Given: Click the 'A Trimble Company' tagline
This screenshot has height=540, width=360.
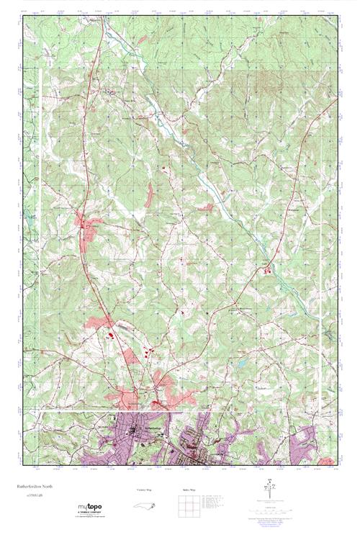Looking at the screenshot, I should click(x=90, y=514).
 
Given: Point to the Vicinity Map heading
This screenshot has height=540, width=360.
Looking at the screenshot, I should click(x=145, y=489).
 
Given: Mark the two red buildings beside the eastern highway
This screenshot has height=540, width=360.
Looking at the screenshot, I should click(x=268, y=271).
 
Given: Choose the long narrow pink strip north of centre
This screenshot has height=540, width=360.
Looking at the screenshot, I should click(x=149, y=195).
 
